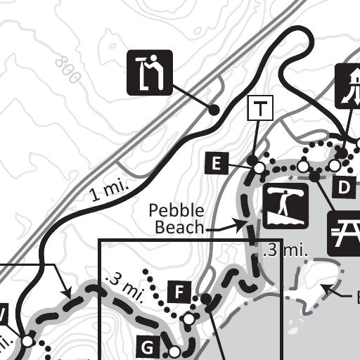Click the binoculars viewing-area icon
tap(150, 72)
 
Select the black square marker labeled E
tap(217, 165)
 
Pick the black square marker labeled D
tap(344, 187)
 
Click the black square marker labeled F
tap(179, 291)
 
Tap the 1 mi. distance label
tap(107, 192)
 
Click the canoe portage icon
tap(286, 207)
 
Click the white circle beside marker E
tap(259, 168)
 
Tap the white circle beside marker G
tap(174, 350)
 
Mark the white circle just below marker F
tap(189, 319)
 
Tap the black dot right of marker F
tap(206, 300)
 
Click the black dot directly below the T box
tap(252, 161)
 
